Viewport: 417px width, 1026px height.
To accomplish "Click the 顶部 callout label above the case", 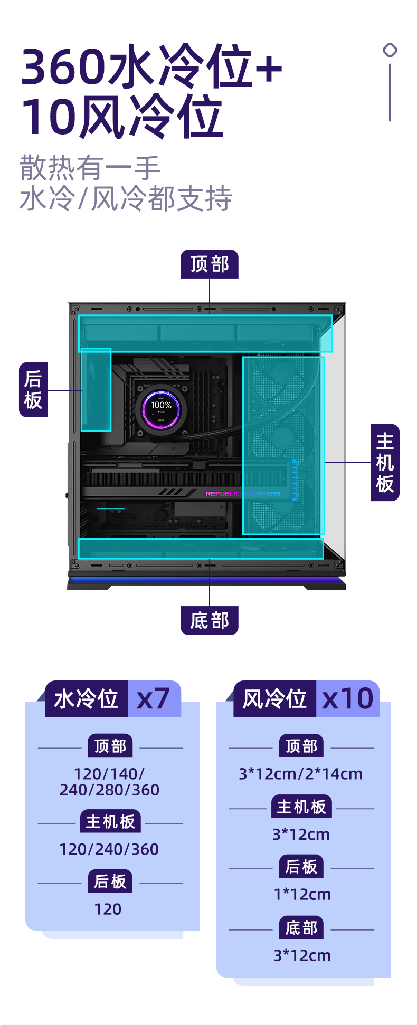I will point(210,264).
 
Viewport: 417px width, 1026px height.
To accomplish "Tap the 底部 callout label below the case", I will point(210,620).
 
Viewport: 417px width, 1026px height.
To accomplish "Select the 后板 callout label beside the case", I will point(33,390).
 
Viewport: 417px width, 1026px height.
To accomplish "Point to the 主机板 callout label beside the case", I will point(385,462).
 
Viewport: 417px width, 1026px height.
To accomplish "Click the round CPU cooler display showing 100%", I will point(161,409).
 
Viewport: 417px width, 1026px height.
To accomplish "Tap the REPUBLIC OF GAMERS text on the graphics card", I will point(243,494).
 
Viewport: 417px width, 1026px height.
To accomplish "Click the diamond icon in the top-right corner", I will point(390,50).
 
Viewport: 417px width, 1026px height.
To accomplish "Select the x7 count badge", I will point(154,699).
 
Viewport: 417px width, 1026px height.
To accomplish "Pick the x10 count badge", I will point(347,699).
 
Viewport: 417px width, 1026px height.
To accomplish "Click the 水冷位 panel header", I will point(86,699).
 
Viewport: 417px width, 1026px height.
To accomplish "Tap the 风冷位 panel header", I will point(274,699).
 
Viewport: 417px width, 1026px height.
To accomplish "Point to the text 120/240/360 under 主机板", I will point(109,849).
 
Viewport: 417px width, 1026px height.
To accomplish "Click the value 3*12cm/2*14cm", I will point(301,774).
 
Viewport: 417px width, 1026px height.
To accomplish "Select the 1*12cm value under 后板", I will point(302,894).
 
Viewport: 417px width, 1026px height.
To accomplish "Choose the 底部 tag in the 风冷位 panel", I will point(301,928).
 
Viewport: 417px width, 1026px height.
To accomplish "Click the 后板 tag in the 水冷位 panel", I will point(110,881).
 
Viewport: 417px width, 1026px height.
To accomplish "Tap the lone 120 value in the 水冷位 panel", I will point(108,909).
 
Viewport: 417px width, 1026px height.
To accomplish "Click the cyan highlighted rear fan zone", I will point(96,390).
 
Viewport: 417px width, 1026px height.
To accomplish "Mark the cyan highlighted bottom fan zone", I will point(201,549).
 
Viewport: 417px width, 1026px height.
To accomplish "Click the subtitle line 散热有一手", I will point(90,168).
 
